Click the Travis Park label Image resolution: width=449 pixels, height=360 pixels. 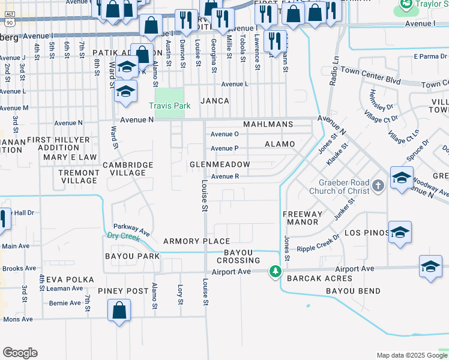coord(170,106)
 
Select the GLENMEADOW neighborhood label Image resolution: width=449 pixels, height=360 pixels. coord(220,164)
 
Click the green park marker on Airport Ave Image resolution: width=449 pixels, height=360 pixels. coord(275,272)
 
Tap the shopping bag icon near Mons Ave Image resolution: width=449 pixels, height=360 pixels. coord(119,311)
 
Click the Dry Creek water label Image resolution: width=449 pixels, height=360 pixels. coord(124,236)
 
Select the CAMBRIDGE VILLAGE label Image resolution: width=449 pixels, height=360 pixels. coord(124,169)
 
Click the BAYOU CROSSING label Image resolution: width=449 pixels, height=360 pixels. coord(243,256)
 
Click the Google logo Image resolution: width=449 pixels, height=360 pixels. coord(20,353)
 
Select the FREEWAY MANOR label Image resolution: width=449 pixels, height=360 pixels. coord(303,217)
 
